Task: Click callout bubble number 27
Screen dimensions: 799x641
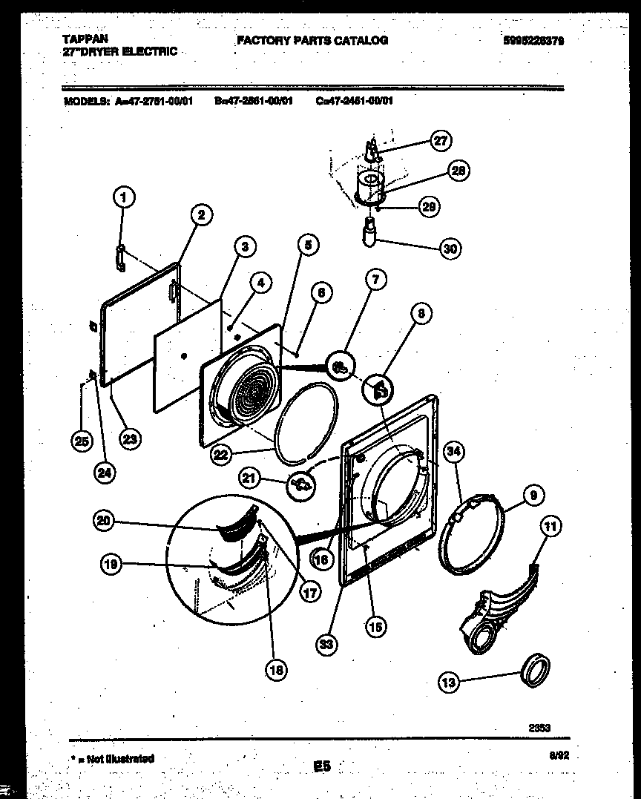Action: coord(441,141)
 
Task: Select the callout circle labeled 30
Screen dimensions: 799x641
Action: coord(450,249)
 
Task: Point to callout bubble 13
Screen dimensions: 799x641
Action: coord(449,683)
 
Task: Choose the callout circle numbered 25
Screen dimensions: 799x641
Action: coord(82,441)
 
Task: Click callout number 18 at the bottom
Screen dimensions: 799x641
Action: coord(276,670)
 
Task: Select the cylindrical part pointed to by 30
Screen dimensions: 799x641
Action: coord(369,231)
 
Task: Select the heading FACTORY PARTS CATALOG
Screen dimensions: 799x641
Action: coord(312,40)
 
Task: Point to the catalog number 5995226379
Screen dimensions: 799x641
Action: coord(538,42)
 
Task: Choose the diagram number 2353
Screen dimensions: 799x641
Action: coord(539,728)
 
